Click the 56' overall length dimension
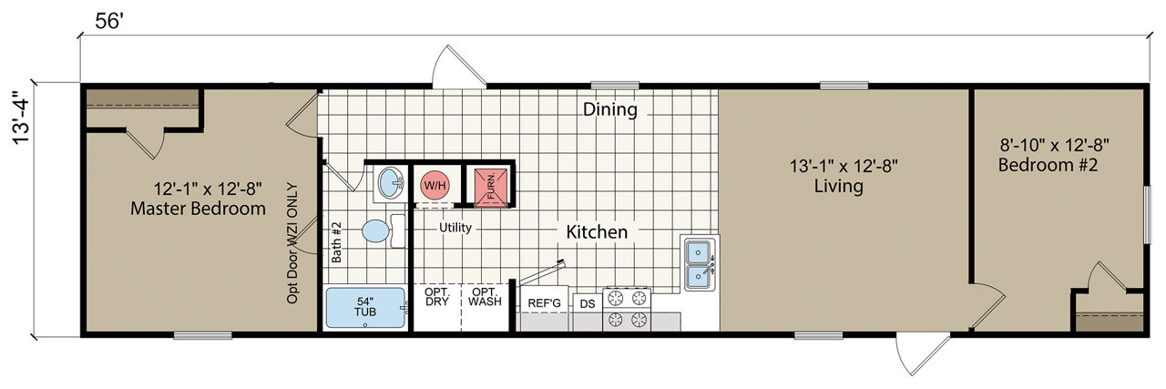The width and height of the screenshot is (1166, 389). [x=109, y=22]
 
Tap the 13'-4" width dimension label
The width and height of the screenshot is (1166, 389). [x=23, y=118]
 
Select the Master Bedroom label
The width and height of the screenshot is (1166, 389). [x=198, y=209]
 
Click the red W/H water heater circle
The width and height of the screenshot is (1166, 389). [x=435, y=185]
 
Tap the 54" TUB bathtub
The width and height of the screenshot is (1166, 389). [x=365, y=308]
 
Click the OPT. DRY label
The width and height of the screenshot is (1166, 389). [x=436, y=296]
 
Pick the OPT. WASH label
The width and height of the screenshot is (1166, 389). [x=485, y=296]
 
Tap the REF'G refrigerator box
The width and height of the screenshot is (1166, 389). [x=544, y=308]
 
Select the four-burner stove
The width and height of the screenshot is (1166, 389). [x=627, y=309]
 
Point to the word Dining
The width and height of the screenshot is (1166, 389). [x=610, y=109]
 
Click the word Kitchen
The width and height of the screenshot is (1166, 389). [x=597, y=231]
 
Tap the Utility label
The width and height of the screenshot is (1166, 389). [x=455, y=228]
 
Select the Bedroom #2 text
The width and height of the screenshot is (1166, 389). [x=1048, y=165]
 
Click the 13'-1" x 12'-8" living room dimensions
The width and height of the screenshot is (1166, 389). [x=844, y=167]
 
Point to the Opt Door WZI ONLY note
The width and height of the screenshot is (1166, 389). [x=292, y=243]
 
